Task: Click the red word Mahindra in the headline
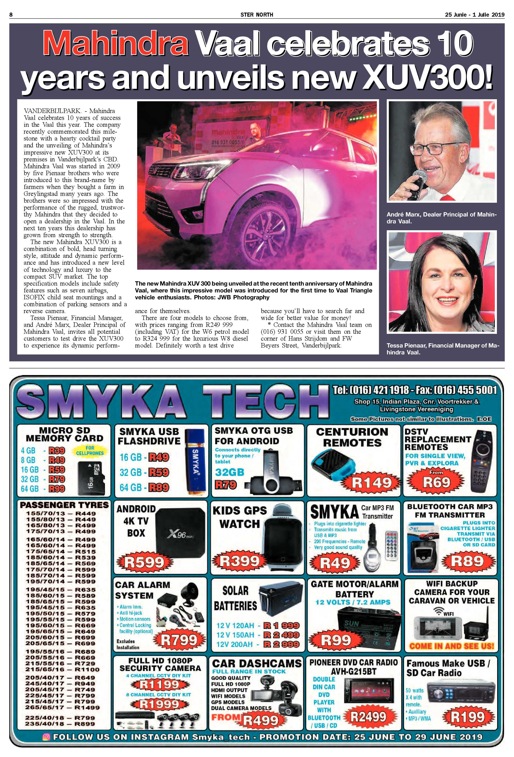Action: click(x=116, y=44)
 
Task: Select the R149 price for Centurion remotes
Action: click(x=372, y=482)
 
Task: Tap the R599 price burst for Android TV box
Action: click(x=145, y=562)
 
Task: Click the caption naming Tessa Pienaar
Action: click(x=442, y=348)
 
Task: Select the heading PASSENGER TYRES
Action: click(x=64, y=505)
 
